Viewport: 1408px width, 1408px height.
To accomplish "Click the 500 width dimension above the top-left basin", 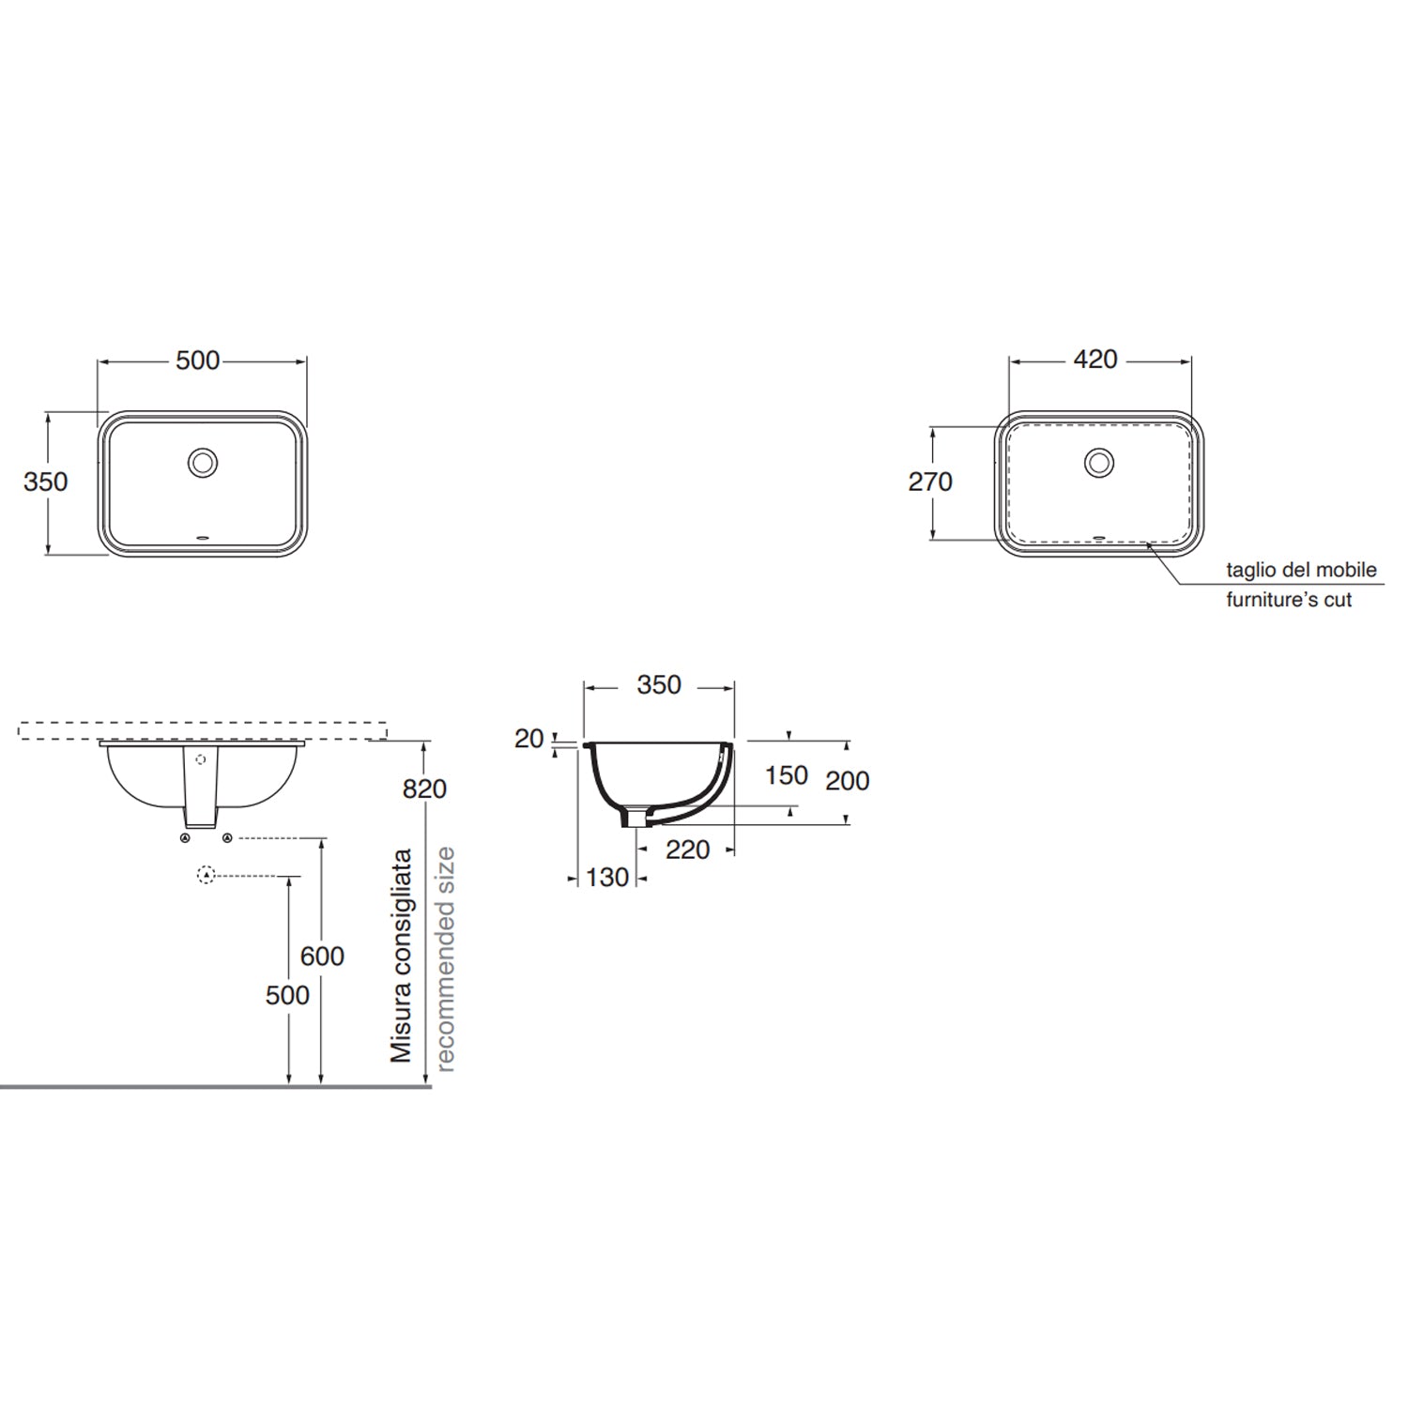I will (x=198, y=360).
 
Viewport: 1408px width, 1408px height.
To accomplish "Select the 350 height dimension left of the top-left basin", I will (x=45, y=482).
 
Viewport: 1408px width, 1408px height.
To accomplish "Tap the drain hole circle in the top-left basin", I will (x=203, y=462).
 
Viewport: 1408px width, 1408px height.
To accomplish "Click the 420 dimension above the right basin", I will (x=1094, y=360).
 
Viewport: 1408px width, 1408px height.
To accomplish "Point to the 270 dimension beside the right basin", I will (x=929, y=482).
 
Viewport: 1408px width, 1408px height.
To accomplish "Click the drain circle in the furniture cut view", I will (x=1099, y=462).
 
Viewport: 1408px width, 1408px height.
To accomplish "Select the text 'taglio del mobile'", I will (x=1301, y=570).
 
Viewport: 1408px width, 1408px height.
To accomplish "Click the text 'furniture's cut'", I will (x=1289, y=600).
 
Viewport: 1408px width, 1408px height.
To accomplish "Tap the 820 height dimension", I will (x=424, y=789).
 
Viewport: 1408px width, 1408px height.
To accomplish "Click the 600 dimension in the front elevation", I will (x=322, y=956).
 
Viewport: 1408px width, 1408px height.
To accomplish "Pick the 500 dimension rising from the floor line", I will (x=287, y=995).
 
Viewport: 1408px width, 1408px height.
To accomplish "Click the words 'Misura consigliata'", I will (x=402, y=956).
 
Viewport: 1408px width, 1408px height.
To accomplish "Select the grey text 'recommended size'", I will (x=445, y=958).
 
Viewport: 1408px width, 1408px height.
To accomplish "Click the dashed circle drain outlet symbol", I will (x=207, y=875).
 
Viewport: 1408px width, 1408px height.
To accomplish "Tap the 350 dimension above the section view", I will (x=658, y=685).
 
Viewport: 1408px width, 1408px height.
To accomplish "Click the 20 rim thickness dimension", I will (x=528, y=739).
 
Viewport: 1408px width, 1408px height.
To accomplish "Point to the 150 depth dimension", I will (x=786, y=775).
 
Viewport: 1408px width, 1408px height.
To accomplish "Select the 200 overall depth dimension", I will (x=847, y=780).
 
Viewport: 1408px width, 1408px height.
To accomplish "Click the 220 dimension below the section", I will (x=687, y=849).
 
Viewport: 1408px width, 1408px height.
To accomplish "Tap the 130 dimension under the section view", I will (x=606, y=878).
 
